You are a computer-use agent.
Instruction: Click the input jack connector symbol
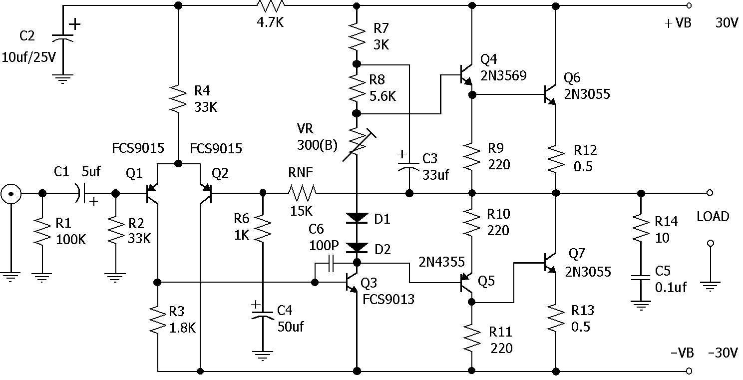point(10,194)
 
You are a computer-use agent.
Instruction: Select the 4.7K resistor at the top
point(271,6)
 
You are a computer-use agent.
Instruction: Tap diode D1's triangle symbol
point(357,218)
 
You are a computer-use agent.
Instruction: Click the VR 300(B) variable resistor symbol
point(358,145)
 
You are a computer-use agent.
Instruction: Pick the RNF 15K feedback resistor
point(302,193)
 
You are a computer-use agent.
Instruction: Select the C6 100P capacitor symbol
point(331,264)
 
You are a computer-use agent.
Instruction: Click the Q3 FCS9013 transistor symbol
point(352,283)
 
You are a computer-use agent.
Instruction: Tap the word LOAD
point(713,217)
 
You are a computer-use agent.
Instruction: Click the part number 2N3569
point(503,76)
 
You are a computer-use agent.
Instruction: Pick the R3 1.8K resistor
point(158,320)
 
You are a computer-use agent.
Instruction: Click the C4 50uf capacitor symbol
point(263,315)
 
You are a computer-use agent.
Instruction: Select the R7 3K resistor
point(357,36)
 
